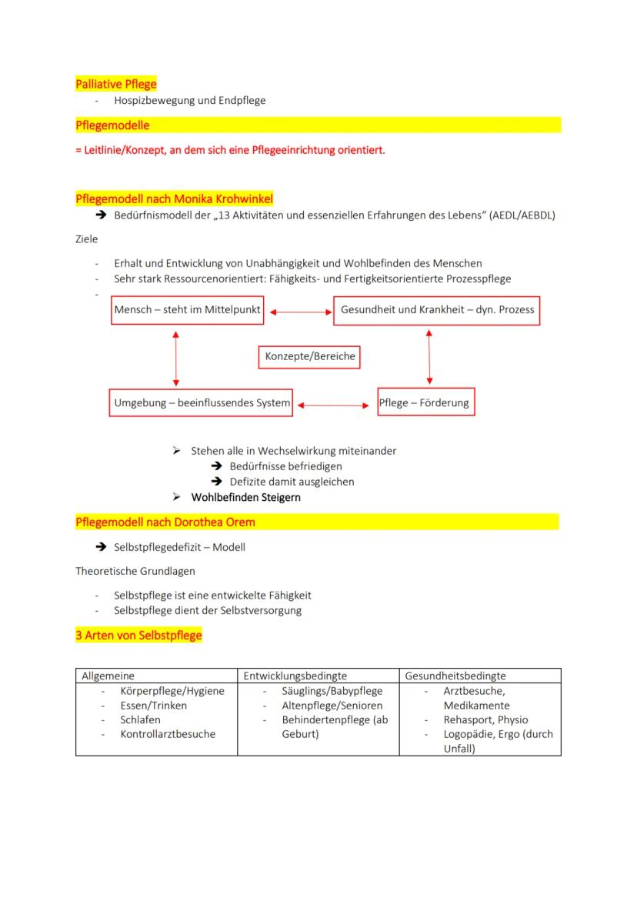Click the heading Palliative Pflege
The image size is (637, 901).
pos(116,84)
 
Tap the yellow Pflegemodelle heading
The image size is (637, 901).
pos(112,125)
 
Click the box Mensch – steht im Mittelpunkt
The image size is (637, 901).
pos(187,310)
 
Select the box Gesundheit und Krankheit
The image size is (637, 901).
pos(436,310)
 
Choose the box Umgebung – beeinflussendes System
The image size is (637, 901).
pos(202,402)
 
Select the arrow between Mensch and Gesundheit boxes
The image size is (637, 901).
pos(298,312)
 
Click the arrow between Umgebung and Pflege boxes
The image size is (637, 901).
pos(335,404)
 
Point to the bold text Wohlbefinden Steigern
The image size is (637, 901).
pos(245,497)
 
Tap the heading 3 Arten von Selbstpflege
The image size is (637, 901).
pos(138,636)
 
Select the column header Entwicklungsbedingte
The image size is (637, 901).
pos(295,676)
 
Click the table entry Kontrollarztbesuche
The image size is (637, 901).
pos(168,734)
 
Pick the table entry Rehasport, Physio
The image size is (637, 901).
pos(485,720)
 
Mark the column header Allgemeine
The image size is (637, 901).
pos(108,676)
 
